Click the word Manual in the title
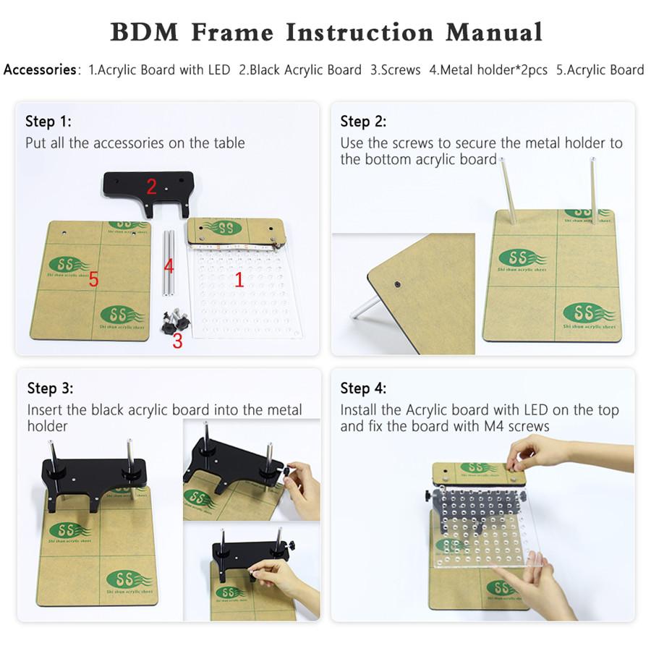click(494, 32)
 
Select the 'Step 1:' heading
click(48, 121)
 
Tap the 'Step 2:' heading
click(363, 121)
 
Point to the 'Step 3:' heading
click(50, 388)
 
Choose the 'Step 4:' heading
click(363, 388)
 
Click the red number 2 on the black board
click(151, 187)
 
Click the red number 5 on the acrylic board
click(93, 279)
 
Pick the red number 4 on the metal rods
click(169, 267)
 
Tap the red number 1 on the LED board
click(239, 280)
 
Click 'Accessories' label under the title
click(41, 70)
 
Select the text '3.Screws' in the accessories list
click(395, 70)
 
